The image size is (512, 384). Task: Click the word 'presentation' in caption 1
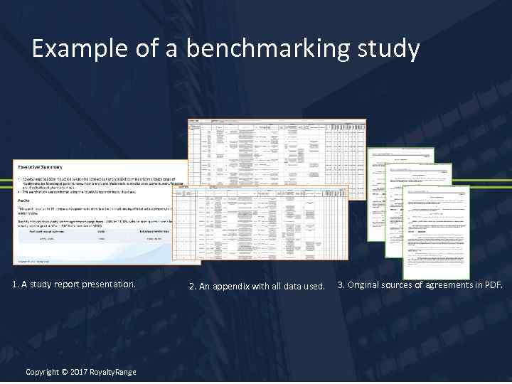pyautogui.click(x=107, y=284)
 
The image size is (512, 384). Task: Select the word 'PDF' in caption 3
pyautogui.click(x=492, y=285)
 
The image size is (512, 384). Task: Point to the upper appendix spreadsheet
pyautogui.click(x=277, y=149)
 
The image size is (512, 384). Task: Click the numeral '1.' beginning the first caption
pyautogui.click(x=16, y=284)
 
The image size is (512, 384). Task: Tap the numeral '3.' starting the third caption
pyautogui.click(x=341, y=285)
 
